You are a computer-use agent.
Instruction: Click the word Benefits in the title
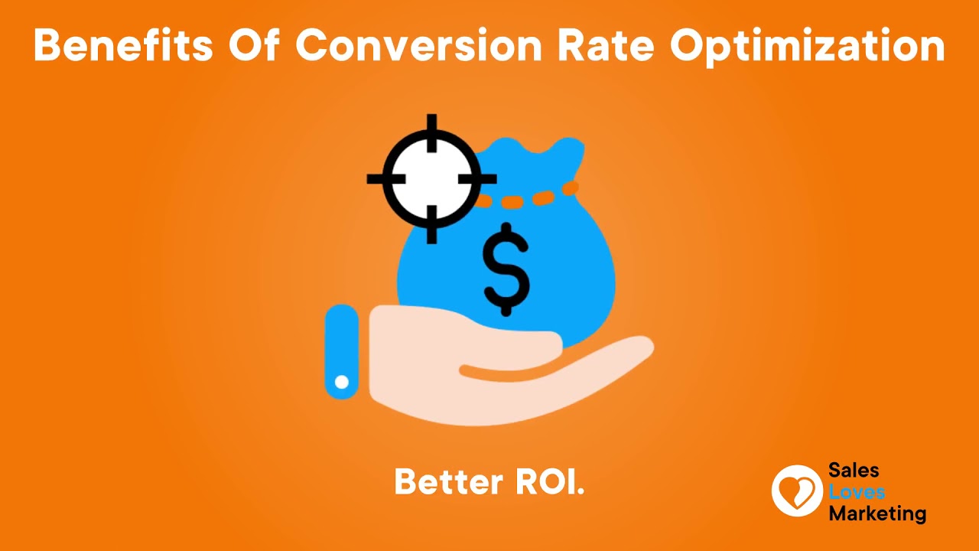(x=123, y=45)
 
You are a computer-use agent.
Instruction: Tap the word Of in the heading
(x=254, y=45)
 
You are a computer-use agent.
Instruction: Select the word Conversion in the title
(x=418, y=45)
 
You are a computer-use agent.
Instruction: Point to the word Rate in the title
(x=606, y=45)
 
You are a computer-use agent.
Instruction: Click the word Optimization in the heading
(x=808, y=47)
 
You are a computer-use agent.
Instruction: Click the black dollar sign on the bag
(x=506, y=269)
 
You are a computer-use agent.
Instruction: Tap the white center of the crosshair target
(x=431, y=178)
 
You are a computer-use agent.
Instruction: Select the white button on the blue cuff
(x=342, y=382)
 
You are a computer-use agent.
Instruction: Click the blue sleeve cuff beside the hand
(x=342, y=351)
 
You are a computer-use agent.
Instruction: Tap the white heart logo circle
(x=797, y=491)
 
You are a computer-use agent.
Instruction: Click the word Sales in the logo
(x=854, y=471)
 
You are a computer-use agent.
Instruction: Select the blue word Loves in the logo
(x=857, y=492)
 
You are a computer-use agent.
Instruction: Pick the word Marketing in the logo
(x=877, y=514)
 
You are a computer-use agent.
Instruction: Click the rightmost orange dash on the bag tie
(x=571, y=188)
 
